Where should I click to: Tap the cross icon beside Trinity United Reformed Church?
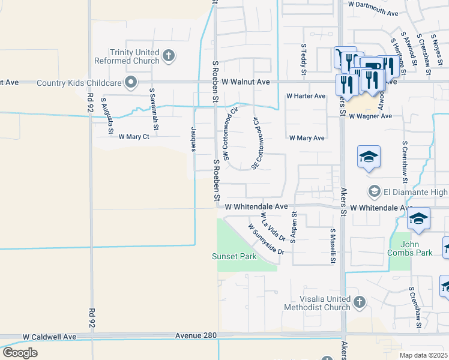(169, 56)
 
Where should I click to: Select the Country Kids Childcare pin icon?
(130, 83)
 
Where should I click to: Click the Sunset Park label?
(234, 256)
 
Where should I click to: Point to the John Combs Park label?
(417, 248)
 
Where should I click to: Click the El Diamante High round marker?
(375, 191)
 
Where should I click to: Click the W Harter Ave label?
(306, 96)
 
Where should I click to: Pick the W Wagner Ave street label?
(370, 116)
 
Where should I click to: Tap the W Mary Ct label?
(134, 137)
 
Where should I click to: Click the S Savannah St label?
(155, 110)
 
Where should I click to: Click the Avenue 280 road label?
(196, 335)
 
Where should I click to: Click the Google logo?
(19, 352)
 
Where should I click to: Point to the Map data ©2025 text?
(423, 355)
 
